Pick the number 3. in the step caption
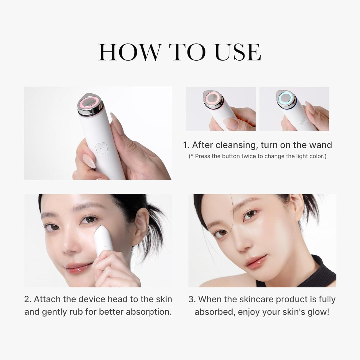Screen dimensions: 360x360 click(192, 299)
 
